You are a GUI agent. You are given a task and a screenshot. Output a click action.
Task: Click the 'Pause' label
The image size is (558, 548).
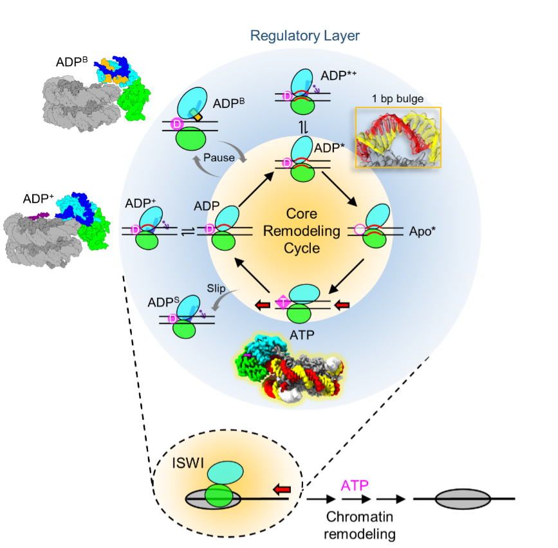(219, 158)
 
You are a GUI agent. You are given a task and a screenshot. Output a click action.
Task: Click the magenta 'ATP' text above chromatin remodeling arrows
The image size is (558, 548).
(355, 484)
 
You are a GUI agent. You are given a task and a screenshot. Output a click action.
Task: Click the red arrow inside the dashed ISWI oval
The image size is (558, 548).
(281, 491)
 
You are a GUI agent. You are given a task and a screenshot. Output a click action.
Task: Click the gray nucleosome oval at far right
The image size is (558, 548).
(463, 498)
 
